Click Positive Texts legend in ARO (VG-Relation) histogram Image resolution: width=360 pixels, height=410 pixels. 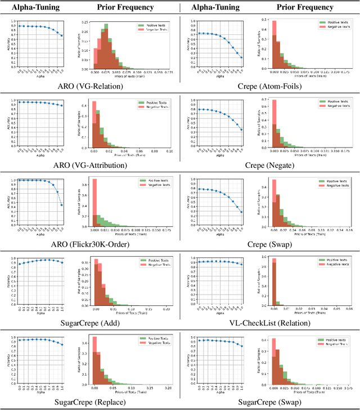pos(152,25)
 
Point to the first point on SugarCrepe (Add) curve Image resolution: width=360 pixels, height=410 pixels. pos(20,264)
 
